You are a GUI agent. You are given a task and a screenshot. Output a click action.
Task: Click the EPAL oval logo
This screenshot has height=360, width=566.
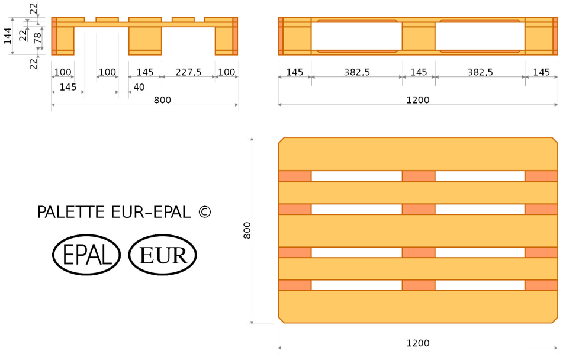86,255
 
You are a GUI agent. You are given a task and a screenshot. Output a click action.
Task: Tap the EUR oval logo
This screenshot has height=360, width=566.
162,255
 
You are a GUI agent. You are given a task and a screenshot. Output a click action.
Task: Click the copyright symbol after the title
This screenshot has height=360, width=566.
204,212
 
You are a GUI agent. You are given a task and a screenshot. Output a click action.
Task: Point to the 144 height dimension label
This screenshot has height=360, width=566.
8,36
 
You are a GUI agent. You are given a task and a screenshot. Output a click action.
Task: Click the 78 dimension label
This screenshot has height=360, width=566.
37,38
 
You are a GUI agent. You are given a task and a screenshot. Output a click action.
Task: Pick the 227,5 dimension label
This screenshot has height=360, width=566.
188,72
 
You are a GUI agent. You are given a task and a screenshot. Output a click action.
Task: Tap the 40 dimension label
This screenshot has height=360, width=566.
139,87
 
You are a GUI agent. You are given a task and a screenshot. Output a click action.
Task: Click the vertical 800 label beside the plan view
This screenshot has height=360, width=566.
247,230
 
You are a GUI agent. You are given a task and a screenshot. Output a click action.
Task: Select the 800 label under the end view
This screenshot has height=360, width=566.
162,100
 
